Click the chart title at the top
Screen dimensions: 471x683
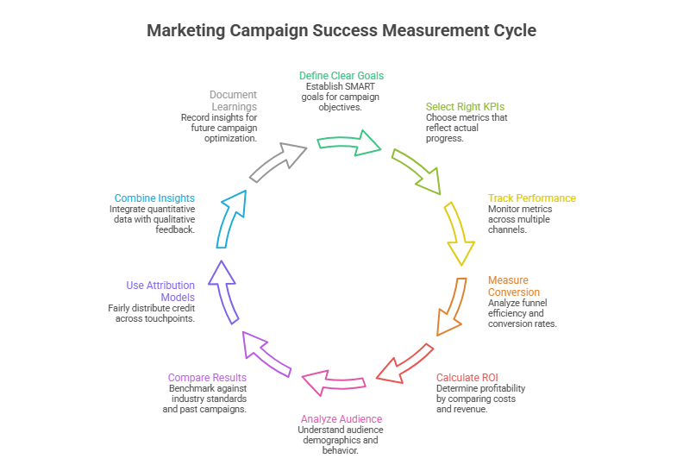(341, 30)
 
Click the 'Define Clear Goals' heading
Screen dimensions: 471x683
(341, 76)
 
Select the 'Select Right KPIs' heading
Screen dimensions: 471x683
(465, 107)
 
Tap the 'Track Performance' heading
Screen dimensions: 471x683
(531, 198)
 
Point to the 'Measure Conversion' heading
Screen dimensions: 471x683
(508, 286)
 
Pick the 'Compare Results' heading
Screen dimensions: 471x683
(207, 378)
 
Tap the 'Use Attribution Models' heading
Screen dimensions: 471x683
(161, 291)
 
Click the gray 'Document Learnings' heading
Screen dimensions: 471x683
(233, 101)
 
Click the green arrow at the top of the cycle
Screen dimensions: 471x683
(350, 141)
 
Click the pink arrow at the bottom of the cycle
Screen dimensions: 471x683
(333, 380)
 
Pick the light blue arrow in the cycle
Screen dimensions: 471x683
(231, 219)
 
